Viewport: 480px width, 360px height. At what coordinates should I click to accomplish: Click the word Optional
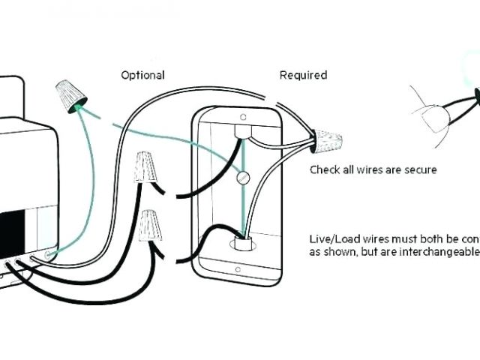tap(142, 75)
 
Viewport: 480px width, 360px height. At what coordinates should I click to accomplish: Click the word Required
tap(303, 75)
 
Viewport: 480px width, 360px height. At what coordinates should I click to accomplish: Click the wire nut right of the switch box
tap(328, 140)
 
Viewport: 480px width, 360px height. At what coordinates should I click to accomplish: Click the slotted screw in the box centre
tap(242, 178)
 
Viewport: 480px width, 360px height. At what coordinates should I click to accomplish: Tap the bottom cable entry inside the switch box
tap(243, 243)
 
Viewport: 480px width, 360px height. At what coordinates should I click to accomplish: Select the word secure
tap(420, 170)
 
